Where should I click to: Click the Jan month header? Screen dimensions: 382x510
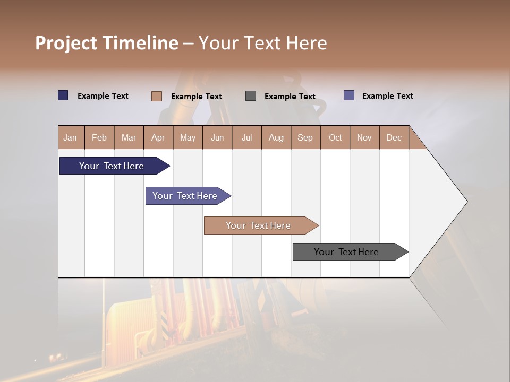pos(71,137)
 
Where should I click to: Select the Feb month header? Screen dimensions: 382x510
pos(99,137)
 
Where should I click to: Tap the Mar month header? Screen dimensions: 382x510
pos(129,137)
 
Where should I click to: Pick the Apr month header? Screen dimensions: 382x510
pos(158,137)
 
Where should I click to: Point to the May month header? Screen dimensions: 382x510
pos(188,137)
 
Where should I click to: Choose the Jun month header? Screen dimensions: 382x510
pos(217,137)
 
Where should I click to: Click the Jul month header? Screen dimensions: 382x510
pos(246,137)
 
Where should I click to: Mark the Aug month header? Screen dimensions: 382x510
pos(276,137)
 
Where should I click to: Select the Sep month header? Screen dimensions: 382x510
pos(305,137)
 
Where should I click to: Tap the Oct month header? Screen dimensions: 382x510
pos(335,137)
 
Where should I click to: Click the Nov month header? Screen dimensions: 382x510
pos(364,137)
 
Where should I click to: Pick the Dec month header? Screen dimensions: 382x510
pos(394,137)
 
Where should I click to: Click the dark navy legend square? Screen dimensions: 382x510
pos(63,95)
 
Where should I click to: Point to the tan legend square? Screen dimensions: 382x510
pos(157,96)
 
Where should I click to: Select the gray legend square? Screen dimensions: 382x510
pos(251,95)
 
